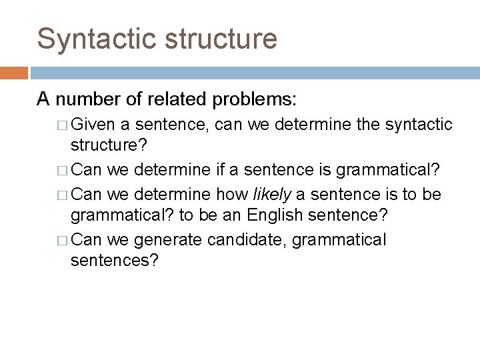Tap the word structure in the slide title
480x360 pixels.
pyautogui.click(x=222, y=39)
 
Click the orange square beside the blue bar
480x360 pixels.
pyautogui.click(x=13, y=72)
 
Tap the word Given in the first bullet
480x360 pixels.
pyautogui.click(x=93, y=124)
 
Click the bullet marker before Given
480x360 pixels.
pyautogui.click(x=61, y=125)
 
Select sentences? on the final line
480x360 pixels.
pyautogui.click(x=115, y=261)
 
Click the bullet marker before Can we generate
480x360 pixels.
pyautogui.click(x=61, y=240)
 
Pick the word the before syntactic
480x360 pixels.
pyautogui.click(x=358, y=124)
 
